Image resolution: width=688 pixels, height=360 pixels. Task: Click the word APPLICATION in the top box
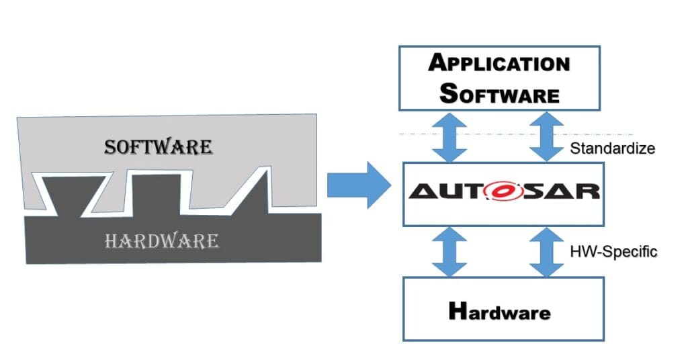pos(499,64)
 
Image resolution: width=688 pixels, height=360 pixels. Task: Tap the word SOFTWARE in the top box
pos(499,93)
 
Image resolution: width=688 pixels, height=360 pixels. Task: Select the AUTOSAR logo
pos(503,191)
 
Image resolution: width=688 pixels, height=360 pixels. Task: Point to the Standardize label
pos(612,148)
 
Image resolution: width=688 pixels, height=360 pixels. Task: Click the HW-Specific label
pos(613,252)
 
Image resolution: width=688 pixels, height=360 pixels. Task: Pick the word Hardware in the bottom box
pos(499,312)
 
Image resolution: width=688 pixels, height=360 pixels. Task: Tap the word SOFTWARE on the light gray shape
pos(159,147)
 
